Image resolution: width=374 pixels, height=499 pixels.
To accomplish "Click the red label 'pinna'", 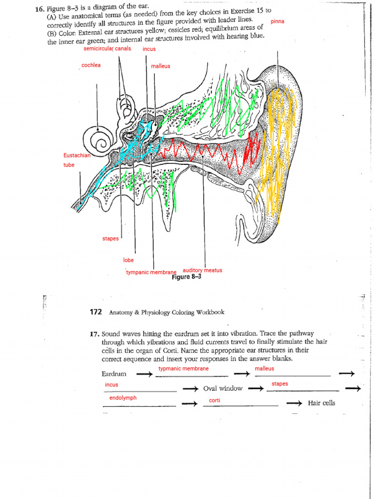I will click(x=278, y=22).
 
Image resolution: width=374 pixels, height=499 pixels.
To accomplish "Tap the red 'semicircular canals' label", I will click(x=107, y=49).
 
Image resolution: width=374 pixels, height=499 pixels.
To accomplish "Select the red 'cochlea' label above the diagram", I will click(x=91, y=65).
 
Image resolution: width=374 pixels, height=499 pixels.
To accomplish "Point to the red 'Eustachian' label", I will click(x=77, y=155).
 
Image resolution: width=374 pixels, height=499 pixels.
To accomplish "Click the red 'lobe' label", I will click(x=129, y=260).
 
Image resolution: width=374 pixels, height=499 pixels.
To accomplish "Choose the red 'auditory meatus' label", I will click(x=202, y=270).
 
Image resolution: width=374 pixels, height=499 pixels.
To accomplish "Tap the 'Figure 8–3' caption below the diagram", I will click(x=187, y=277).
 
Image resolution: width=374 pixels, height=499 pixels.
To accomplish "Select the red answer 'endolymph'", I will click(x=123, y=398).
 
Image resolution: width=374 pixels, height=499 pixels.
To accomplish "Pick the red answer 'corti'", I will click(x=214, y=401).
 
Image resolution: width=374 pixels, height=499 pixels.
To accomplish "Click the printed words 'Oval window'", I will click(x=223, y=388).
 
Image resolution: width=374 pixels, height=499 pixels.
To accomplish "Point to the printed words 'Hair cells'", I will click(x=321, y=403).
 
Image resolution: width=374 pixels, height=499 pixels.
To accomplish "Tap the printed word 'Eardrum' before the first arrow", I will click(x=114, y=374).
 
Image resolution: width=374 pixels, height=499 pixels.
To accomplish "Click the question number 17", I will click(x=94, y=334).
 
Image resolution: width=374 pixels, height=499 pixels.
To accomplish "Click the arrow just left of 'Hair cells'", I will click(x=294, y=403).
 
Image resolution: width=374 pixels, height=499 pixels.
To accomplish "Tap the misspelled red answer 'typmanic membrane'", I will click(x=184, y=369).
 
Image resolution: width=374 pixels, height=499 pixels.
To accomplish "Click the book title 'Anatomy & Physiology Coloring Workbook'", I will click(x=167, y=312).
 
